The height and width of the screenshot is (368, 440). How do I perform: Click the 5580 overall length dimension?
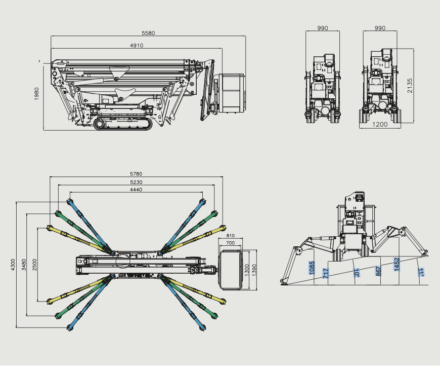click(x=148, y=33)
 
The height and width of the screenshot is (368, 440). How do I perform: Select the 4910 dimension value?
click(x=137, y=45)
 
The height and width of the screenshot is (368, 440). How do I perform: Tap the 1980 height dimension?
click(x=36, y=94)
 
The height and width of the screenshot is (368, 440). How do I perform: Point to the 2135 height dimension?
click(x=410, y=86)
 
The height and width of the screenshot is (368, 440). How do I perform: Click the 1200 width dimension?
click(x=380, y=124)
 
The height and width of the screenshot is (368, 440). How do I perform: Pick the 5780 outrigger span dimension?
click(x=136, y=174)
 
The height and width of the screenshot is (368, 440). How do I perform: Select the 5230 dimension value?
click(x=136, y=182)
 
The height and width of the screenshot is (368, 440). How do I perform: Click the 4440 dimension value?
click(x=136, y=190)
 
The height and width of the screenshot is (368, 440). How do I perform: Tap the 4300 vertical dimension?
click(x=13, y=265)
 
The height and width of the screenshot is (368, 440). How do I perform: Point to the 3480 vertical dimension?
click(x=24, y=265)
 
